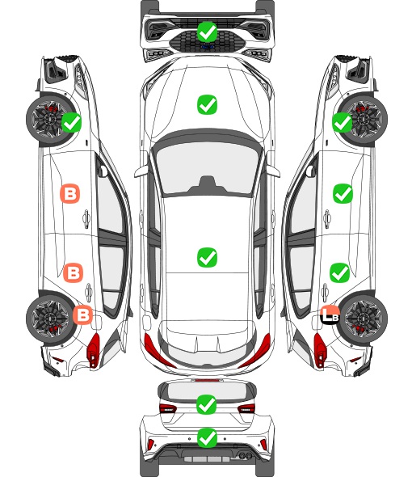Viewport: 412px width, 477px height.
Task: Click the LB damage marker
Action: (330, 314)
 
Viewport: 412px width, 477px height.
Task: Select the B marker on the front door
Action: (70, 193)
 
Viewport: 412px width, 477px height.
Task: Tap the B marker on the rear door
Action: (73, 273)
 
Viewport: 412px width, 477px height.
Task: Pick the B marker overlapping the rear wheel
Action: (82, 314)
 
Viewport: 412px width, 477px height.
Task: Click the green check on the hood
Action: (207, 105)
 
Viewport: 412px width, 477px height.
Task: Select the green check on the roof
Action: (207, 257)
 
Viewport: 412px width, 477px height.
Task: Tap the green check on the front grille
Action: (207, 32)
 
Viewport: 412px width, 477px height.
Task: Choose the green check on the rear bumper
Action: (207, 438)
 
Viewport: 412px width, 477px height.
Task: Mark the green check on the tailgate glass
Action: (207, 404)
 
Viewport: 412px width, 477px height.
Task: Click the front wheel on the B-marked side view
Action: (50, 120)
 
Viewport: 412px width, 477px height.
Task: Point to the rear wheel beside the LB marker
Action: (363, 318)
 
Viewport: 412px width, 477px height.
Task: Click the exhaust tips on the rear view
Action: (244, 455)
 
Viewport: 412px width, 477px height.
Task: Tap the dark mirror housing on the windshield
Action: (207, 185)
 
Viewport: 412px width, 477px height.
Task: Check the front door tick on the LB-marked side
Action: (343, 193)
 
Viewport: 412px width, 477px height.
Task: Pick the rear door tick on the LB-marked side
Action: (340, 273)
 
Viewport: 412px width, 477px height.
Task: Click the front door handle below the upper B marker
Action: (86, 218)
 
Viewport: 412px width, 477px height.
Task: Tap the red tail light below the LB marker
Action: (320, 350)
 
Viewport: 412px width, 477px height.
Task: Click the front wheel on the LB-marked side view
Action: (363, 120)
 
